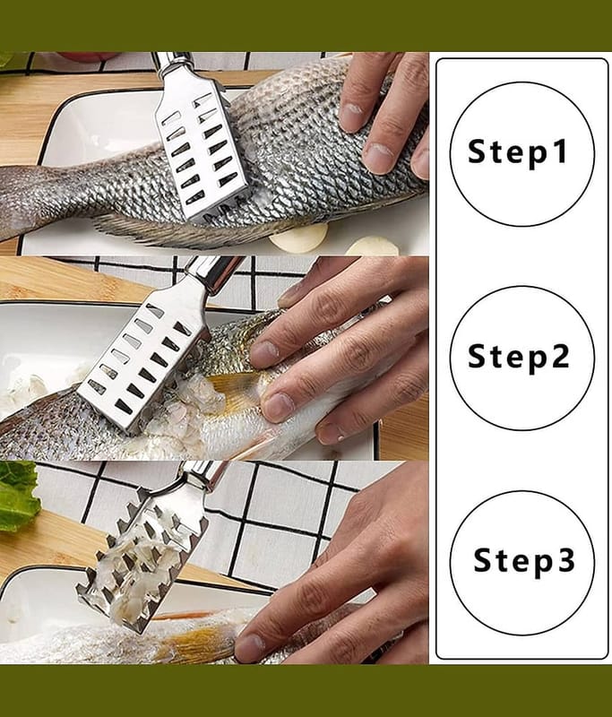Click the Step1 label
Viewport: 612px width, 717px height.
pyautogui.click(x=517, y=151)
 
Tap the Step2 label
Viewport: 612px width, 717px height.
pyautogui.click(x=518, y=356)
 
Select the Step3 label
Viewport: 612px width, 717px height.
pyautogui.click(x=524, y=560)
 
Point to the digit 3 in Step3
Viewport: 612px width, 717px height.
pyautogui.click(x=566, y=559)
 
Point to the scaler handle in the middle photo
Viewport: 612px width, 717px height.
pyautogui.click(x=214, y=272)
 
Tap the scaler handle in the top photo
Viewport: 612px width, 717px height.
pyautogui.click(x=174, y=62)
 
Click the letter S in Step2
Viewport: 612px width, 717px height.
pyautogui.click(x=477, y=357)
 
